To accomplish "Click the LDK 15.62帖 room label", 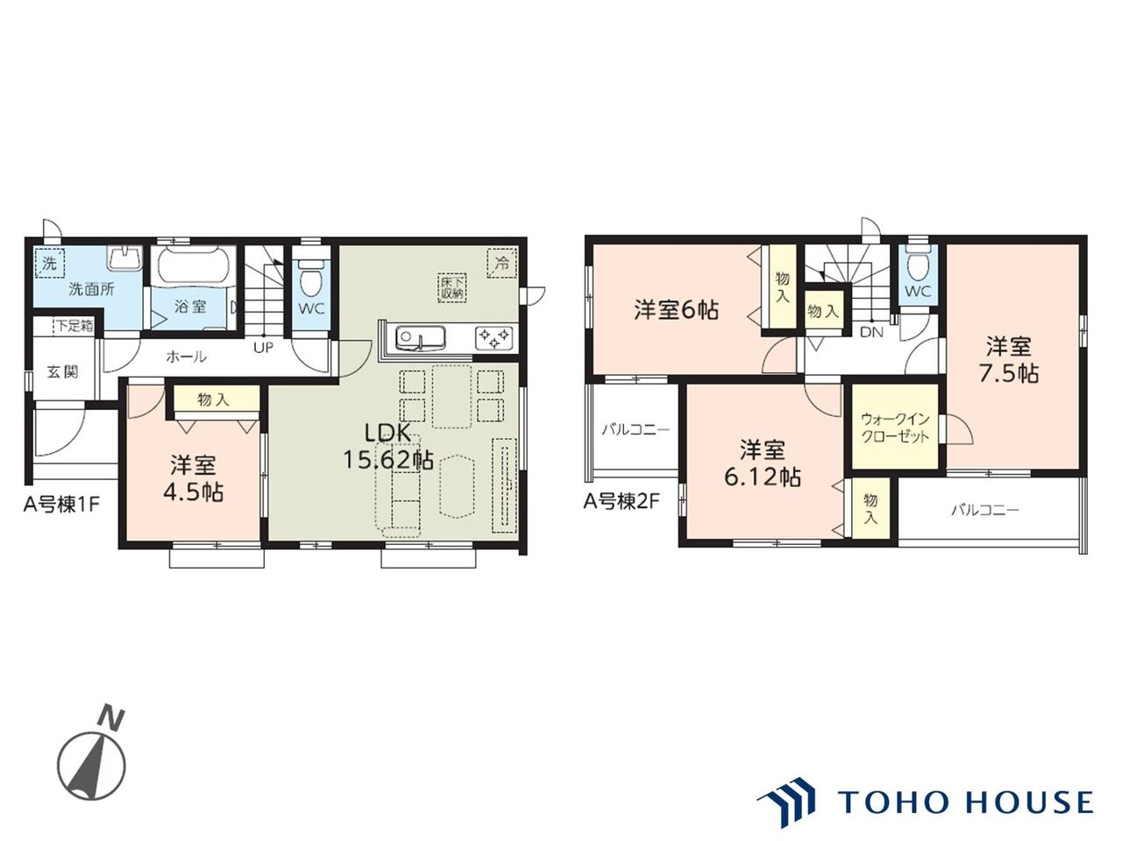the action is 387,447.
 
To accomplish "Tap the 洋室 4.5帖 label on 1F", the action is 193,478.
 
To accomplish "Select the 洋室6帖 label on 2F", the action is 676,310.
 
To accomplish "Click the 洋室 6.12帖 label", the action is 762,463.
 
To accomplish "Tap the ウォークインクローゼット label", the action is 895,428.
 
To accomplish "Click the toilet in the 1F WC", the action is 309,279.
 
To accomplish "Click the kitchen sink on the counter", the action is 420,337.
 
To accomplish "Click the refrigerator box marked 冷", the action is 501,264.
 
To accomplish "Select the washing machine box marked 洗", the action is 50,264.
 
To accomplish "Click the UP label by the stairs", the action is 263,348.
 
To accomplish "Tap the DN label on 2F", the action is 871,332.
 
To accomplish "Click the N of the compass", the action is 112,718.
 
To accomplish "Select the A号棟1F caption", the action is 60,505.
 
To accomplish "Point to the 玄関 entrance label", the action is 63,371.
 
